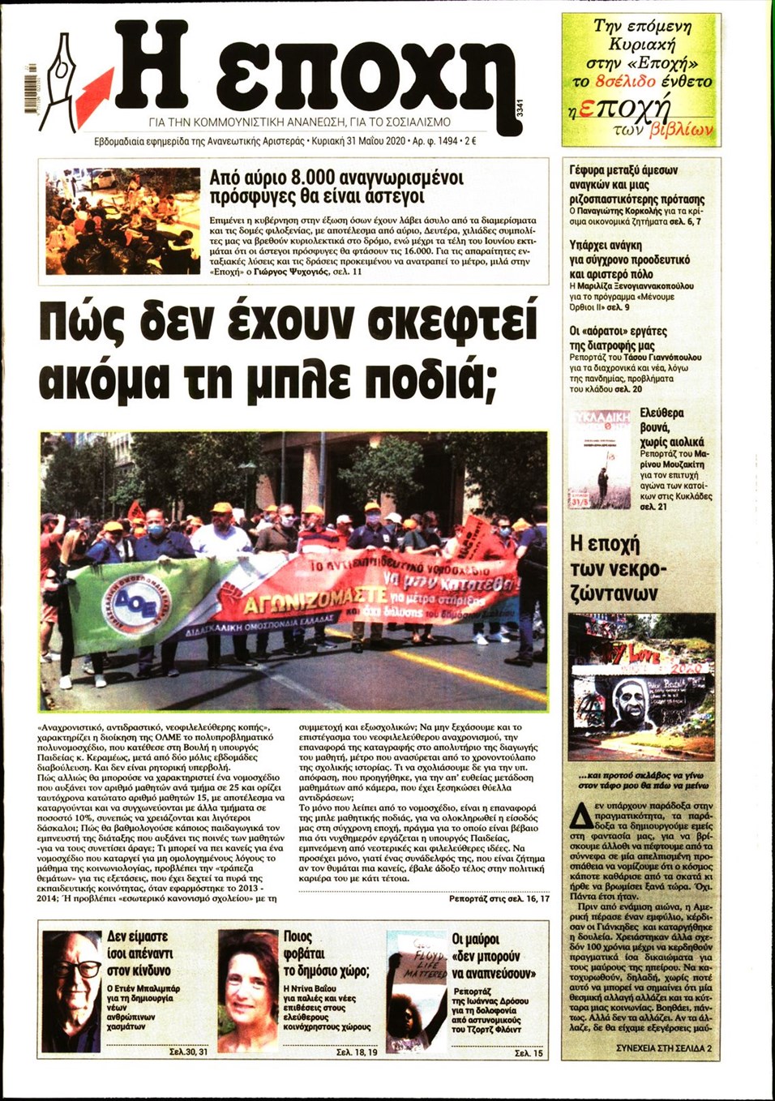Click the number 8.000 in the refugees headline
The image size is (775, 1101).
(x=310, y=178)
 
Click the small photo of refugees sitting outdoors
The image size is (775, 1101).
(x=122, y=221)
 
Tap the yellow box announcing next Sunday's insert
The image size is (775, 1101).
(x=640, y=79)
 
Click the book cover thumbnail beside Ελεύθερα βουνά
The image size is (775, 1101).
(x=599, y=460)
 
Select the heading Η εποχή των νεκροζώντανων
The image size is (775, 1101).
(x=615, y=568)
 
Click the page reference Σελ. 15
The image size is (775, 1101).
(x=529, y=1053)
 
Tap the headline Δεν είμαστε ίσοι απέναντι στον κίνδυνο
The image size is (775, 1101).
(x=139, y=953)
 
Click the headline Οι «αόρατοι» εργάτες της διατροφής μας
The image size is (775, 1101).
(x=618, y=338)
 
